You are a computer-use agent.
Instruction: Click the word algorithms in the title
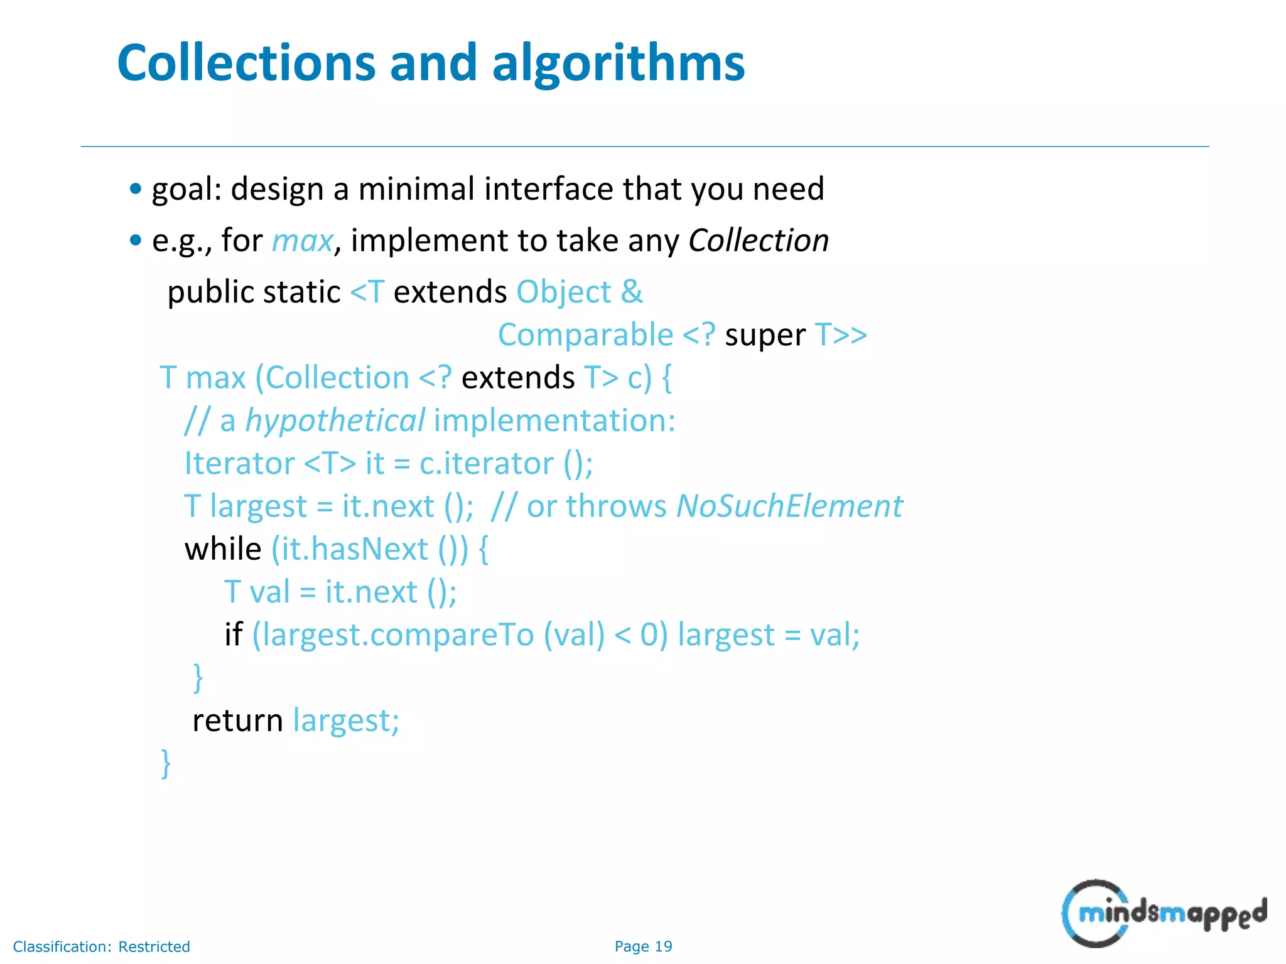(x=618, y=64)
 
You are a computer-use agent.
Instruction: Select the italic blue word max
(x=302, y=241)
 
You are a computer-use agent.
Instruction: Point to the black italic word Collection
(x=759, y=240)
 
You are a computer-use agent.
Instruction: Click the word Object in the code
(x=563, y=292)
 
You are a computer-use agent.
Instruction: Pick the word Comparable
(x=585, y=335)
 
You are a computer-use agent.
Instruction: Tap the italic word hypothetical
(x=335, y=421)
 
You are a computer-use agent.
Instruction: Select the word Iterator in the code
(x=239, y=464)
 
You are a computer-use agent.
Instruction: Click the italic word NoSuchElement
(x=789, y=506)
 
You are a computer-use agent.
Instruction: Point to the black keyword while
(x=223, y=549)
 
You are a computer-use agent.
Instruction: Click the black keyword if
(x=234, y=635)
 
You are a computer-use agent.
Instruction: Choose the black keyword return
(x=237, y=720)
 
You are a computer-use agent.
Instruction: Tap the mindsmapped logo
(x=1164, y=913)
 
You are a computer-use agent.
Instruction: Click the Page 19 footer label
(x=643, y=946)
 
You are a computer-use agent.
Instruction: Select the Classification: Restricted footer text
(x=101, y=946)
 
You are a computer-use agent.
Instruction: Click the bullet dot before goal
(x=136, y=188)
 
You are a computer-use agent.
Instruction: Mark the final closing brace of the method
(x=166, y=764)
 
